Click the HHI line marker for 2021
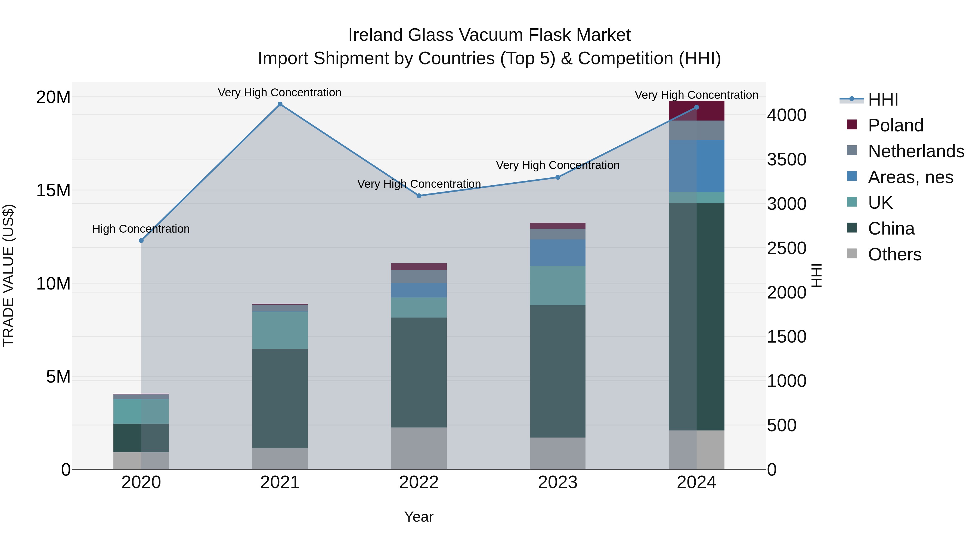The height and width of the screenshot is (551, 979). [280, 104]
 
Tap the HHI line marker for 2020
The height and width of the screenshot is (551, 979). [141, 240]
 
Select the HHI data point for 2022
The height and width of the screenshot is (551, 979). [419, 196]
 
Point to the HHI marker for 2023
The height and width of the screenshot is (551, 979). [557, 177]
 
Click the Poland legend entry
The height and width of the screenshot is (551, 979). [896, 125]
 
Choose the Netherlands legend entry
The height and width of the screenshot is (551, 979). [916, 151]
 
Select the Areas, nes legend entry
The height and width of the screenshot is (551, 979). [910, 177]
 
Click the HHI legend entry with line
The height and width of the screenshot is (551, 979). [883, 100]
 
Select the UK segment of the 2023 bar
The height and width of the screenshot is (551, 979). [557, 286]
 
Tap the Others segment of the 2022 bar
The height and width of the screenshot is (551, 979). [419, 448]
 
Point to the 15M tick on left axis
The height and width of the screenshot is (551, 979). [53, 190]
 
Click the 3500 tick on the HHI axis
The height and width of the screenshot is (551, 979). [786, 159]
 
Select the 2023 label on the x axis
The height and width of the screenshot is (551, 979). [557, 482]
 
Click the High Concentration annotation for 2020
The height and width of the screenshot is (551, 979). [141, 229]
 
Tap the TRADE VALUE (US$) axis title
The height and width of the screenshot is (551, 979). [8, 275]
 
